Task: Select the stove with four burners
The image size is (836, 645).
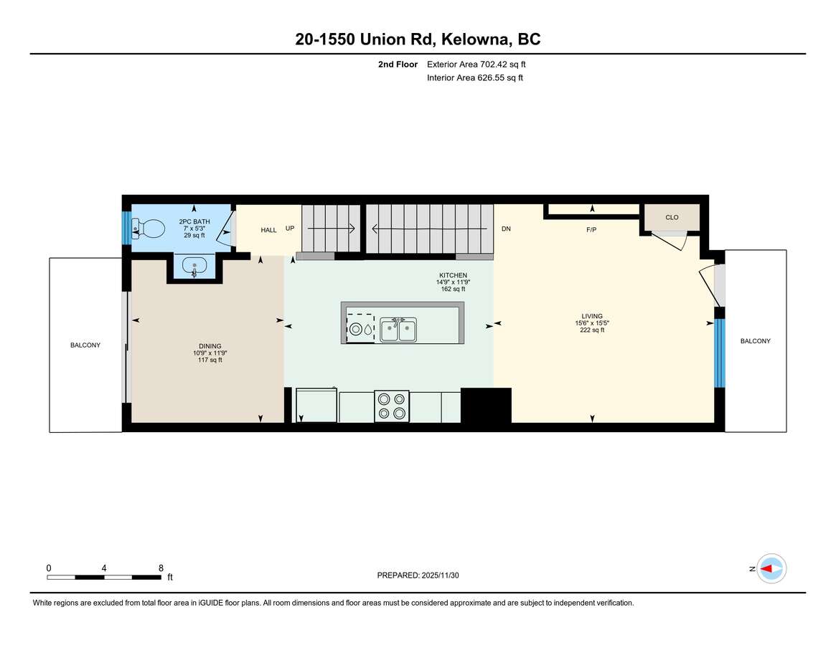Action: (x=392, y=406)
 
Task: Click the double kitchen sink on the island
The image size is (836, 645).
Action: (x=398, y=330)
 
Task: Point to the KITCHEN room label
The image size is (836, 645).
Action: (x=454, y=275)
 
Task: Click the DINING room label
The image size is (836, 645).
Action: (x=210, y=346)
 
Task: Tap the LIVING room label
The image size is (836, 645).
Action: (x=592, y=316)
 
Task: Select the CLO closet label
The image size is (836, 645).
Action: (x=672, y=217)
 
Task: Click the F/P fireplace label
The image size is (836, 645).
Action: (x=591, y=229)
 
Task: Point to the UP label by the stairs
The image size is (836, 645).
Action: (x=290, y=229)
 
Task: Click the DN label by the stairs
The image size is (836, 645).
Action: (x=506, y=229)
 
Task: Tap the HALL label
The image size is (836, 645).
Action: (x=268, y=230)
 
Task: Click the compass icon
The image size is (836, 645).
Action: (x=771, y=569)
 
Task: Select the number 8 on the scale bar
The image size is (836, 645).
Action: (x=161, y=568)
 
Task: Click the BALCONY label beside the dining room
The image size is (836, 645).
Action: (x=85, y=345)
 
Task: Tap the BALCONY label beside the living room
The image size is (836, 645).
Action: (x=756, y=341)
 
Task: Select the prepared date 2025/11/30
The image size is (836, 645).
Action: (x=441, y=575)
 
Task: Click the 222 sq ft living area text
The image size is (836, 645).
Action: (x=592, y=330)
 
